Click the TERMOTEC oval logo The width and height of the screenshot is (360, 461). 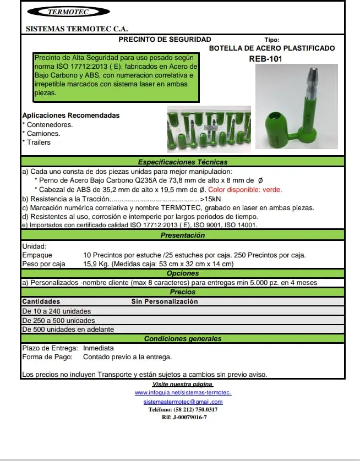point(68,12)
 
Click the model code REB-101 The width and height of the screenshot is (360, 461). point(265,58)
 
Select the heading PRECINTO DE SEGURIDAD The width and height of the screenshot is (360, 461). point(165,40)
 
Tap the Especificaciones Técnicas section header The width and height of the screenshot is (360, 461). point(182,162)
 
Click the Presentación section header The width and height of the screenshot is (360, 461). point(182,235)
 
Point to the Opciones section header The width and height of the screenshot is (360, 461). point(182,273)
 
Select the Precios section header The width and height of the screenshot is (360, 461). point(182,292)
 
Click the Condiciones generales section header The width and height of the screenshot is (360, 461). point(182,339)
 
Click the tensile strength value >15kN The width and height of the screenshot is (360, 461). point(211,199)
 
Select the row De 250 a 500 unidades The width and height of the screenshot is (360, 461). point(58,320)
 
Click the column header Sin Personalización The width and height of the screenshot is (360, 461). point(164,301)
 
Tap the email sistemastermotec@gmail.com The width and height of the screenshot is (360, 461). point(183,402)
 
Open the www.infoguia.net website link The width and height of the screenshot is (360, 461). point(183,393)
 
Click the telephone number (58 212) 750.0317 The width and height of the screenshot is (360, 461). point(183,410)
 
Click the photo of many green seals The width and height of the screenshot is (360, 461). point(209,129)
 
